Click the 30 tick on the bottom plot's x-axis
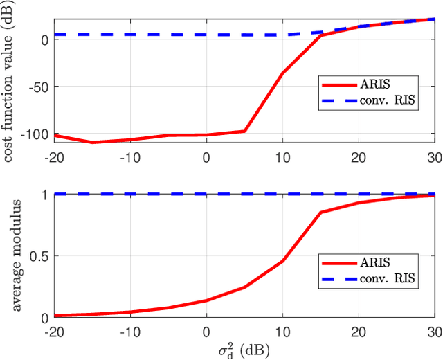pos(434,331)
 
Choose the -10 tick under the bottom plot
pos(129,331)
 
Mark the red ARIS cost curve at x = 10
pos(282,73)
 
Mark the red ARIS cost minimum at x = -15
pos(92,143)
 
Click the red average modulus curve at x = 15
pos(320,213)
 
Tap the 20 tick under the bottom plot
pos(358,331)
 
